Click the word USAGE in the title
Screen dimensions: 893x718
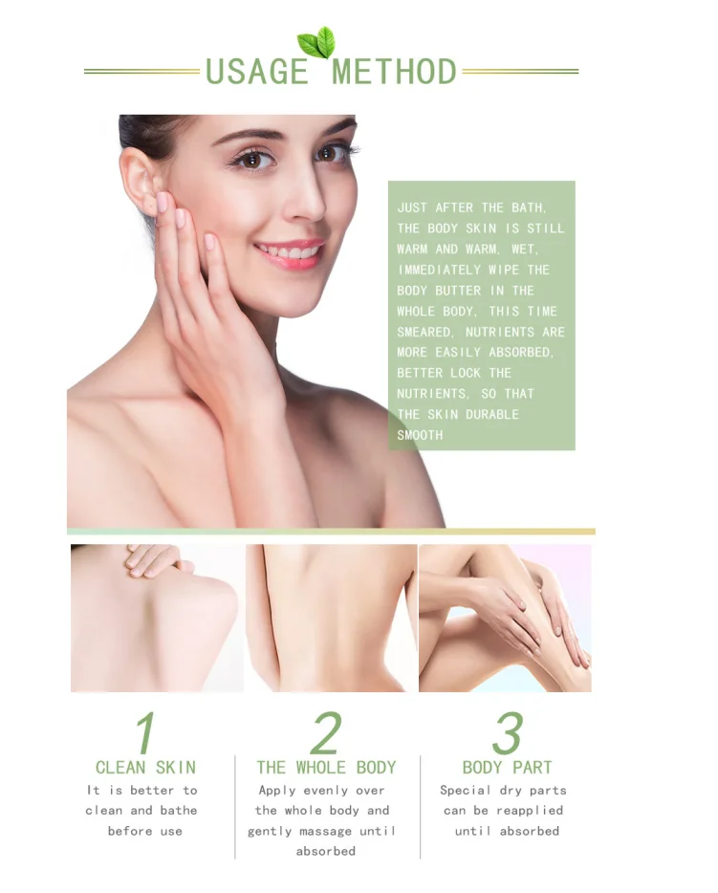[257, 72]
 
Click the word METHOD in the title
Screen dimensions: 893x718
[394, 72]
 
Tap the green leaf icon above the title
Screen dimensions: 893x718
[315, 43]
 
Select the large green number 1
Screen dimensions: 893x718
[144, 734]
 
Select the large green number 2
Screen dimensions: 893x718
[326, 734]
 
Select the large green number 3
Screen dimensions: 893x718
[506, 734]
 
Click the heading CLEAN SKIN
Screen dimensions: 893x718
[145, 768]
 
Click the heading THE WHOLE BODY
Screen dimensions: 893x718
[326, 768]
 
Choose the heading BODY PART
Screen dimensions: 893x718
[507, 768]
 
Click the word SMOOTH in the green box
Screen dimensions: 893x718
[420, 435]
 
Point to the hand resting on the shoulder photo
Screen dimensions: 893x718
[156, 558]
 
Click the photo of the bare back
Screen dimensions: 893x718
[331, 618]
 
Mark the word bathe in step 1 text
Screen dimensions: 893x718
[179, 811]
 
